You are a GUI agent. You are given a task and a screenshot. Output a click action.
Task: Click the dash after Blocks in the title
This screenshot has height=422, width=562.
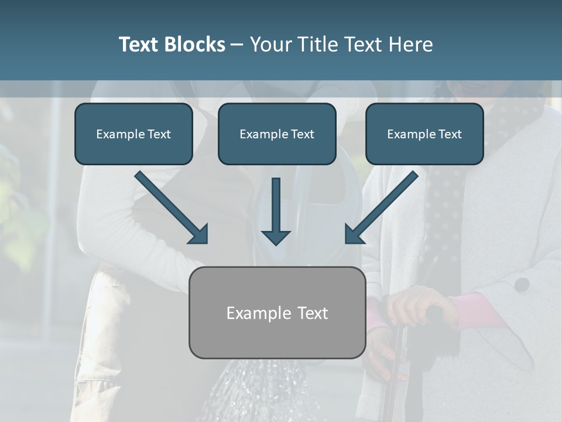pos(237,45)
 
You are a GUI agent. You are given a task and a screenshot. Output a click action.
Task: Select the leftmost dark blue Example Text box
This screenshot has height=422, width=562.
pos(133,134)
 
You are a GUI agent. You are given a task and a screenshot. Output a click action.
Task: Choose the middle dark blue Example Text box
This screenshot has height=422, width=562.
pos(277,134)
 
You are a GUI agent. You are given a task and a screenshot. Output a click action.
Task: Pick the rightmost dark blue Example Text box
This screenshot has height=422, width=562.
pos(424,134)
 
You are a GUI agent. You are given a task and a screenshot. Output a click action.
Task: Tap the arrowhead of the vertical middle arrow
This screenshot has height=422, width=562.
pos(276,237)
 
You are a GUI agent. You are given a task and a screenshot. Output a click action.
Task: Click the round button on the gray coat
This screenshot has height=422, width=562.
pos(522,285)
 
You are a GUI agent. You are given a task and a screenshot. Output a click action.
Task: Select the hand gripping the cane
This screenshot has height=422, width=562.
pos(419,305)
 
